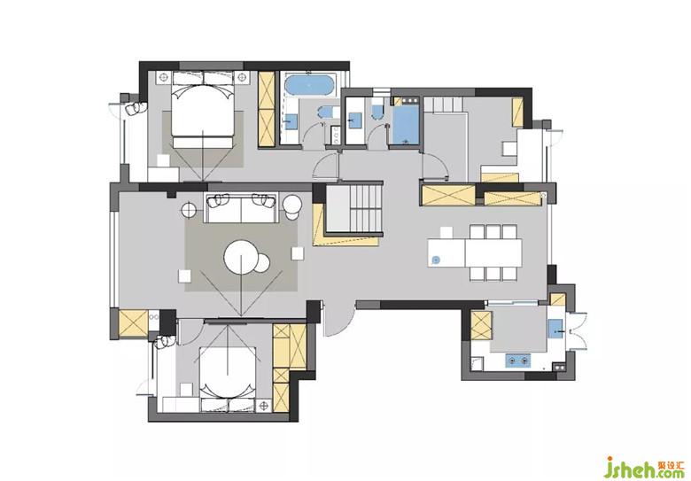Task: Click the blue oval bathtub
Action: point(310,84)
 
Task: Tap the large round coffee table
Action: point(241,257)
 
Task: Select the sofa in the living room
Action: point(241,207)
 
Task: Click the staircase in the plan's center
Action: point(353,208)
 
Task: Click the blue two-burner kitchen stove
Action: point(518,361)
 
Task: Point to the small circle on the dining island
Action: point(436,260)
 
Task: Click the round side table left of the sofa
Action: point(190,210)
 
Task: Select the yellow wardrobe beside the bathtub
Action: point(267,109)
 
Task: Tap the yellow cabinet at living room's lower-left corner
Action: point(133,323)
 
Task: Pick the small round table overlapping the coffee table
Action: point(260,263)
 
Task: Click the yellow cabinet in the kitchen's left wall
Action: point(481,325)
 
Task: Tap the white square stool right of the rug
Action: point(298,253)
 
